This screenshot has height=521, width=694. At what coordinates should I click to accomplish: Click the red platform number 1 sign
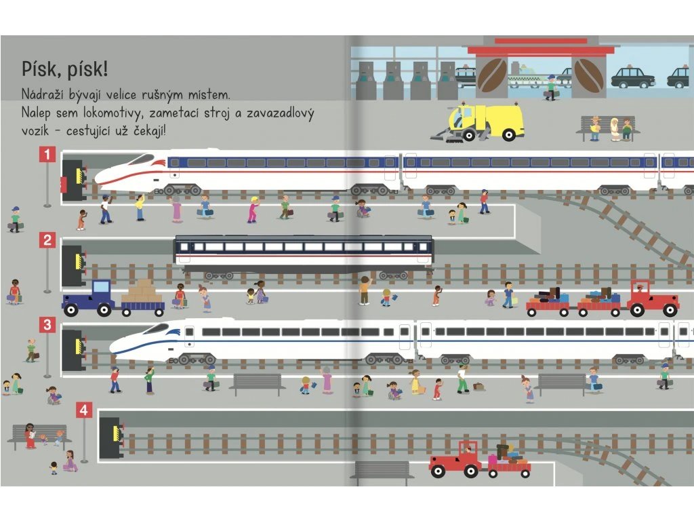pos(47,155)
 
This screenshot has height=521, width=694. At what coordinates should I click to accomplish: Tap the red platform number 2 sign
pos(47,239)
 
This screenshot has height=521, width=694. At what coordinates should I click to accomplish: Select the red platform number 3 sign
pos(47,324)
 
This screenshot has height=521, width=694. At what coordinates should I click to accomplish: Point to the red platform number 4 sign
pos(84,410)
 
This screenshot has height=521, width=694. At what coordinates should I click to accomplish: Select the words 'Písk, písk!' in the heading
pos(65,69)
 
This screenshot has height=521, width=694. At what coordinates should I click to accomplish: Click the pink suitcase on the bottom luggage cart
pos(493,461)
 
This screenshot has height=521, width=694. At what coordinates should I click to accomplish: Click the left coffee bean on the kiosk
pos(491,75)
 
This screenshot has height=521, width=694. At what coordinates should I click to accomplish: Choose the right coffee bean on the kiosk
pos(588,75)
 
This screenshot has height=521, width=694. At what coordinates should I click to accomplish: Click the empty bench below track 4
pos(382,471)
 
